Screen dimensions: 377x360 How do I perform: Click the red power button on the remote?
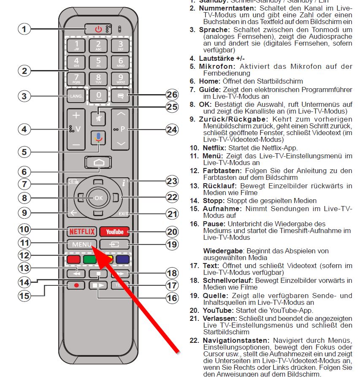click(98, 30)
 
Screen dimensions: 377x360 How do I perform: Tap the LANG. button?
click(76, 96)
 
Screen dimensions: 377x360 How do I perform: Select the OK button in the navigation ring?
click(98, 197)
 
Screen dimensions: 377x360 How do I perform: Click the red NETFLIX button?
click(82, 231)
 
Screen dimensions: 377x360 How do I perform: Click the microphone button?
click(98, 138)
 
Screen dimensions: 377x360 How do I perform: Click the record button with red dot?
click(76, 285)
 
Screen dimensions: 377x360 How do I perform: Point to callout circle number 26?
click(172, 95)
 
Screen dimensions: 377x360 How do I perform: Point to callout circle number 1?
click(24, 29)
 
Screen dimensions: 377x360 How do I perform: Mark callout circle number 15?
click(24, 296)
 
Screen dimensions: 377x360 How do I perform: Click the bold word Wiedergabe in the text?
click(222, 251)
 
